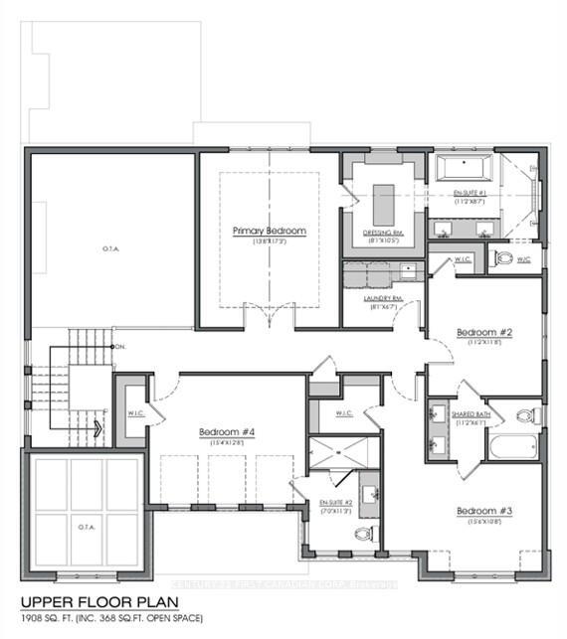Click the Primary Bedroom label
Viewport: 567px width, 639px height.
pyautogui.click(x=269, y=231)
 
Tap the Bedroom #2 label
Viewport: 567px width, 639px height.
pyautogui.click(x=483, y=332)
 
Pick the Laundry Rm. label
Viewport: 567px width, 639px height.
pyautogui.click(x=382, y=298)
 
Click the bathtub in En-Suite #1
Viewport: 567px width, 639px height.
pyautogui.click(x=464, y=167)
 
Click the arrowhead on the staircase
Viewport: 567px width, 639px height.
pyautogui.click(x=98, y=429)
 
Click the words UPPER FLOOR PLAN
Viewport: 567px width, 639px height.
pyautogui.click(x=94, y=602)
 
